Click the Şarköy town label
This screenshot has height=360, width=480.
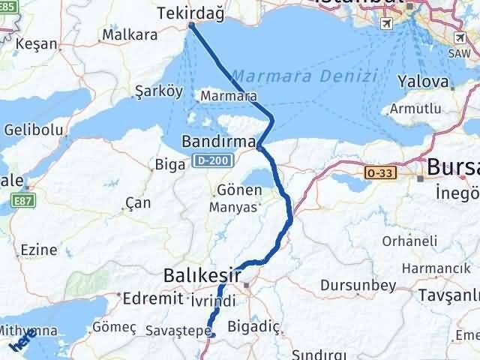tap(159, 91)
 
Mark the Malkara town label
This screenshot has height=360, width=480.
tap(130, 34)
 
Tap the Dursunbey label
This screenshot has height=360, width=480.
tap(346, 285)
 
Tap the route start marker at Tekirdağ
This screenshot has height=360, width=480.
tap(191, 25)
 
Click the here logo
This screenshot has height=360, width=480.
tap(22, 343)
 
